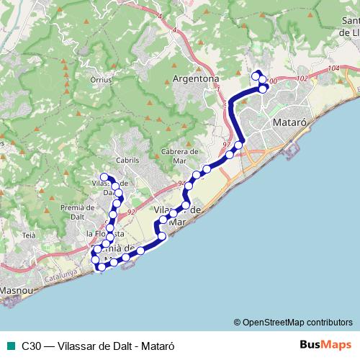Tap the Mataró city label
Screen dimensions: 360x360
(x=292, y=122)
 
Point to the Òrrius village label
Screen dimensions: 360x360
(x=102, y=80)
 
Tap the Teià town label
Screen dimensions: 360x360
(x=29, y=235)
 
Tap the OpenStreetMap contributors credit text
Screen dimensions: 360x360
(x=292, y=322)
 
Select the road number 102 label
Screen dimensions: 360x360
(x=302, y=78)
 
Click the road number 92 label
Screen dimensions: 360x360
(x=131, y=212)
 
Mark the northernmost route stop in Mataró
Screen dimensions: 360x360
(x=256, y=74)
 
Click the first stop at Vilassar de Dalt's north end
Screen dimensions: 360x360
(x=104, y=177)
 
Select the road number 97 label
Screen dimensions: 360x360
(x=228, y=145)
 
